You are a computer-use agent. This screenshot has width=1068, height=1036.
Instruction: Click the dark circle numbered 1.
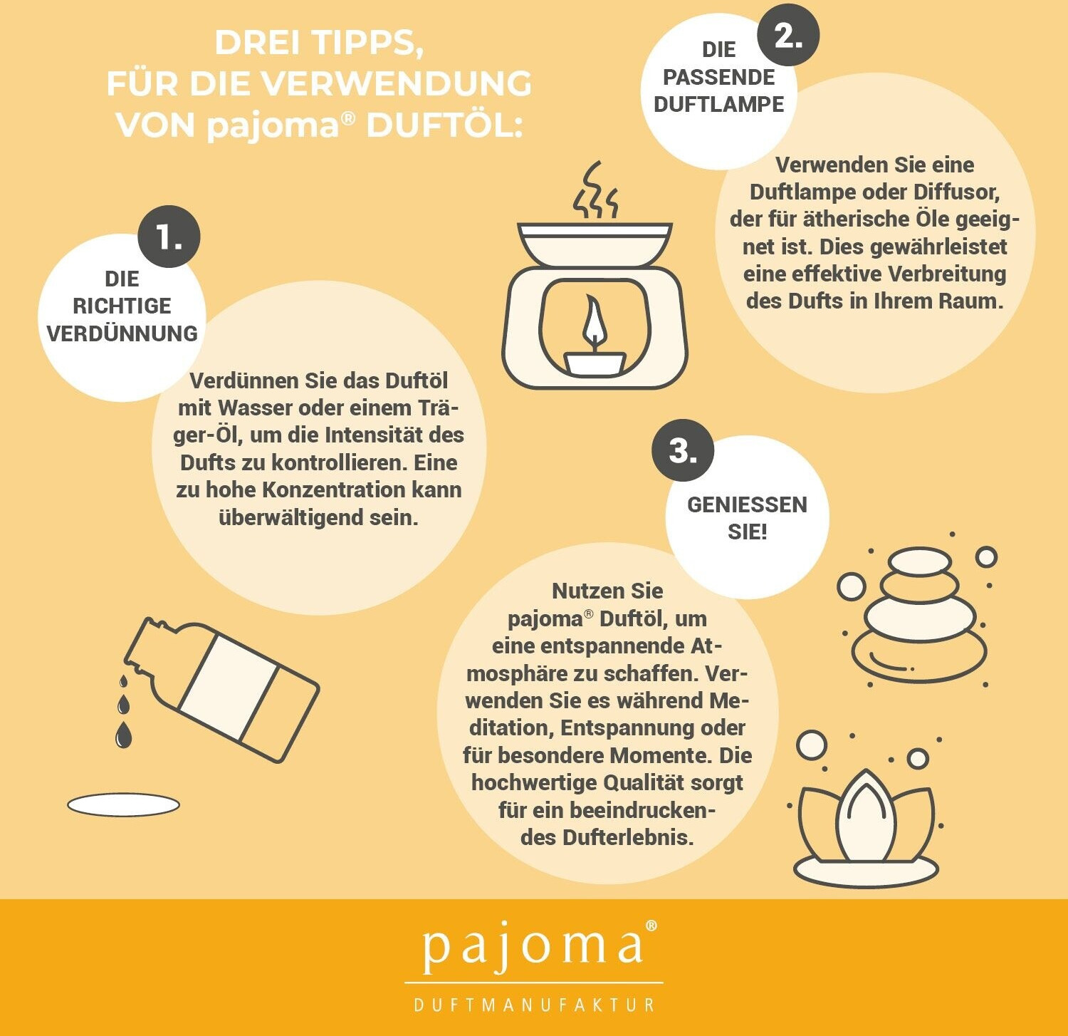pos(169,237)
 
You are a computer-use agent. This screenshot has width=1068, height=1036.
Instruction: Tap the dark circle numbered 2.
pos(788,34)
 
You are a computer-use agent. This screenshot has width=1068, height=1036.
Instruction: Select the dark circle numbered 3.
pos(683,450)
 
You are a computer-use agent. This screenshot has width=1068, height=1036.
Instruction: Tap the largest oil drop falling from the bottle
pos(124,735)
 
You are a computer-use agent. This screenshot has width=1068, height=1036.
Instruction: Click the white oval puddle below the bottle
pos(123,805)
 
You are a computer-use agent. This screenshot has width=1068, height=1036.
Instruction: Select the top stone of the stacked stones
pos(920,561)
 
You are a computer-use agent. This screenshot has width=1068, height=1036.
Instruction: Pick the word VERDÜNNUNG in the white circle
pos(122,333)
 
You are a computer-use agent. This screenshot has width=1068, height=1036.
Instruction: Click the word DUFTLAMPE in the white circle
pos(718,104)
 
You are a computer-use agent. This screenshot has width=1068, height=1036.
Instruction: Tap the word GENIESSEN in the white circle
pos(747,504)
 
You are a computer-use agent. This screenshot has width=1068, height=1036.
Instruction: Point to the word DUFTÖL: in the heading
pos(444,125)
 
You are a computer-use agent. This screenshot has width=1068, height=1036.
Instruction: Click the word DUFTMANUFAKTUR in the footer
pos(534,1005)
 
